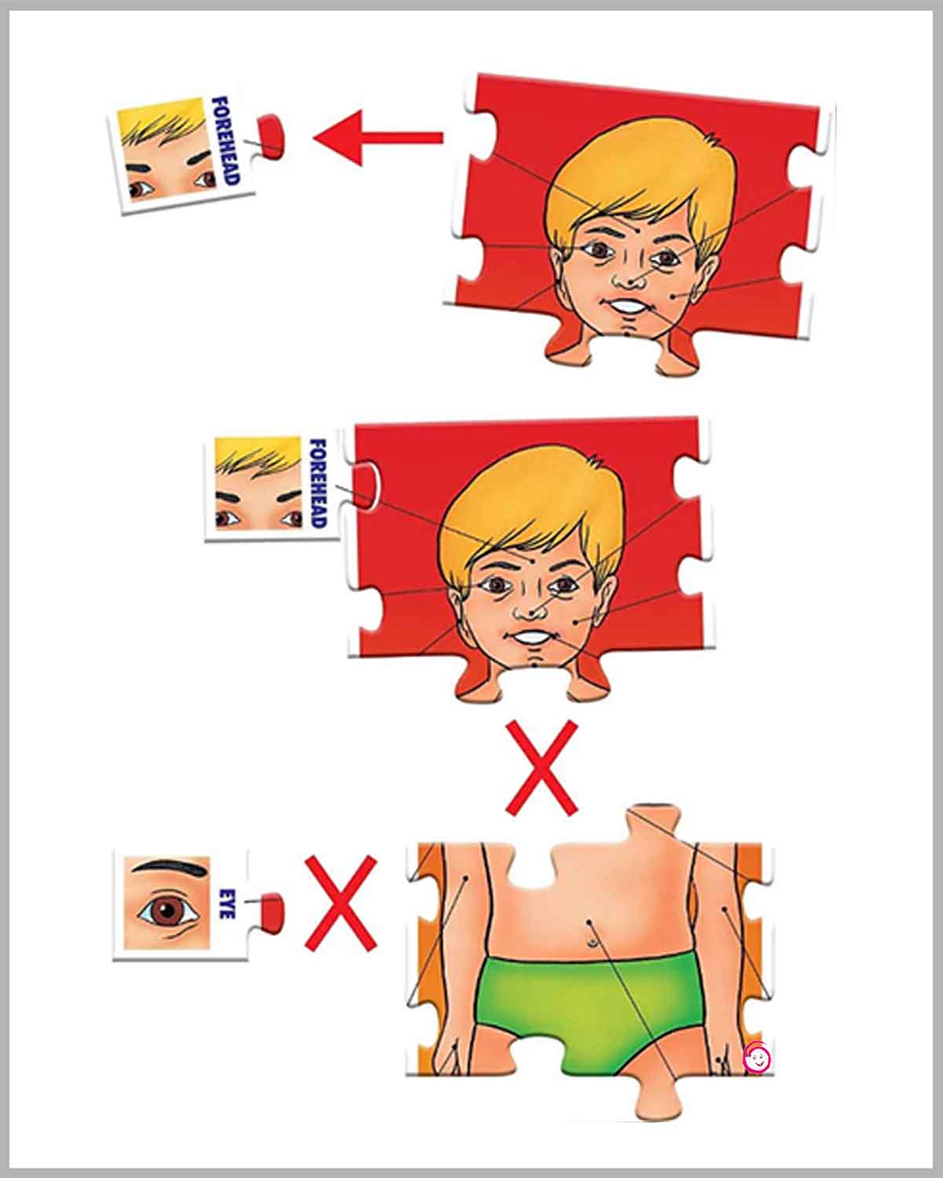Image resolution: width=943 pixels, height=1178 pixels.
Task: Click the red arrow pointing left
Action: pyautogui.click(x=378, y=137)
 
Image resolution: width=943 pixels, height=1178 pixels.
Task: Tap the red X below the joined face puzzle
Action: pyautogui.click(x=541, y=768)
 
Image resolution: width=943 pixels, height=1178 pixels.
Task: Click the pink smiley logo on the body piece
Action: pyautogui.click(x=758, y=1058)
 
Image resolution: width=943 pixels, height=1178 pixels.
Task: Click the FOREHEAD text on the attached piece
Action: pyautogui.click(x=317, y=483)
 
